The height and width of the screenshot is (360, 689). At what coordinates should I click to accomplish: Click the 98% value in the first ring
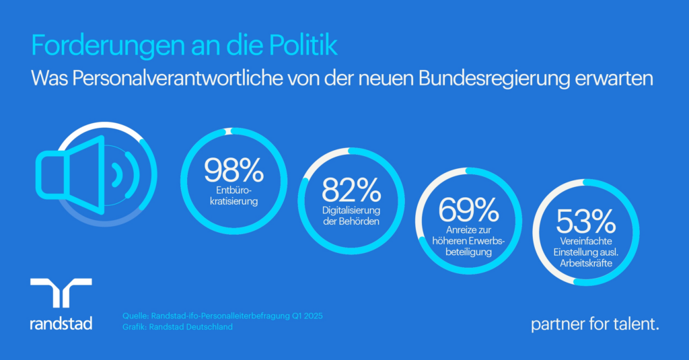click(x=233, y=170)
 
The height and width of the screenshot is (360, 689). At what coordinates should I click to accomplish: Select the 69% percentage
click(x=468, y=211)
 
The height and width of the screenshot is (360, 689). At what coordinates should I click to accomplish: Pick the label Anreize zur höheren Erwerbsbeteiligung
click(x=468, y=241)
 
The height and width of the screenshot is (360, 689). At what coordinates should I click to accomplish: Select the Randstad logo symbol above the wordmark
click(x=61, y=293)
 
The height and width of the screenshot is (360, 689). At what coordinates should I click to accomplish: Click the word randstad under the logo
click(x=61, y=324)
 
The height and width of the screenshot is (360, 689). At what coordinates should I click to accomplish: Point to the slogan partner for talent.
click(x=595, y=324)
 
